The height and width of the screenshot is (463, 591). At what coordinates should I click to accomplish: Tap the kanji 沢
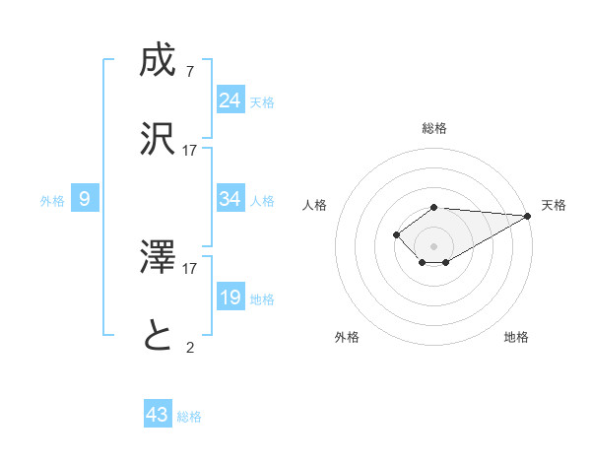(158, 139)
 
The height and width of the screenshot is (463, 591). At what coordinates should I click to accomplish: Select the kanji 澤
(158, 258)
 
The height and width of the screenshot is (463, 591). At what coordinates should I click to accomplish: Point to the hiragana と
(158, 337)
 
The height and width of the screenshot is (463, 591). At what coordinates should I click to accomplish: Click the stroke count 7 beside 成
(189, 72)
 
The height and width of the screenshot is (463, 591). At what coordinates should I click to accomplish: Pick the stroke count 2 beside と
(189, 346)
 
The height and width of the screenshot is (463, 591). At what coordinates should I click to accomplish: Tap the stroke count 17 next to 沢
(190, 151)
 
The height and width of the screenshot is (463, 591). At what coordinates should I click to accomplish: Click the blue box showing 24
(230, 99)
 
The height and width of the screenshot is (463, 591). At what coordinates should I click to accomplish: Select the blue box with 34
(230, 199)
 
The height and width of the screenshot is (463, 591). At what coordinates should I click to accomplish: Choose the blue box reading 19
(230, 298)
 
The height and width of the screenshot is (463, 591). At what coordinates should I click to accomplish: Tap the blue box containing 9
(85, 199)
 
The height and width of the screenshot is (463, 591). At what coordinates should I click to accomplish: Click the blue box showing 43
(158, 415)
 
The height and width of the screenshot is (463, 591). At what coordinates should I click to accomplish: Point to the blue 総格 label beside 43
(189, 417)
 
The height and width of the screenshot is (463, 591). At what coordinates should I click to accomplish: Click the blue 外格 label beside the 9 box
(52, 201)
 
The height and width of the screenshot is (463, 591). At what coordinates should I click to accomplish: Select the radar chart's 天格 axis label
(554, 205)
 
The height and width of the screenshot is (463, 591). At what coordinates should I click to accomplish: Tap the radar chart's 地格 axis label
(516, 337)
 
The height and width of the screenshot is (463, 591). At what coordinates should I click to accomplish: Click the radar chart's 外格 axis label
(347, 337)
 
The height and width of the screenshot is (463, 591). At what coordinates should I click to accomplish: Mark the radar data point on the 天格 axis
(528, 216)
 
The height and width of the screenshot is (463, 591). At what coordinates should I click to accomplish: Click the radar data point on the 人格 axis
(396, 234)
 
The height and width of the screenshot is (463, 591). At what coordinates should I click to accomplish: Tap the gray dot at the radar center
(433, 245)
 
